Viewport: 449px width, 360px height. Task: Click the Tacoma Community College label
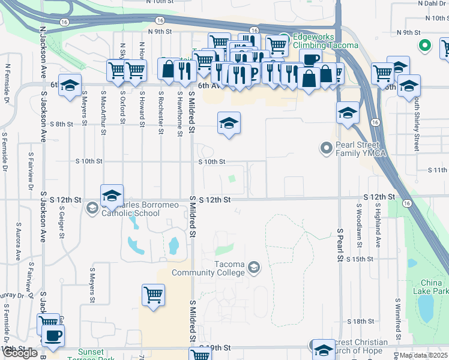pos(208,268)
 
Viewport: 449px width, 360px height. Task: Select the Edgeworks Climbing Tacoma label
pos(325,41)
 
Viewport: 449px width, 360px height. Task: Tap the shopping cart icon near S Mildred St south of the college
pos(153,295)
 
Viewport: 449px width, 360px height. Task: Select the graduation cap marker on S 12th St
pos(112,195)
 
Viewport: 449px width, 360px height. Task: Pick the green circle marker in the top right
pos(424,45)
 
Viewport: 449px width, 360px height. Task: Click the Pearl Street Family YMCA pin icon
pos(327,147)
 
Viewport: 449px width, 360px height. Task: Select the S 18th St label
pos(363,322)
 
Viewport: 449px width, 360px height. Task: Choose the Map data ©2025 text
pos(423,355)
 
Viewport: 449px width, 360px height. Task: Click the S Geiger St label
pos(62,223)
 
